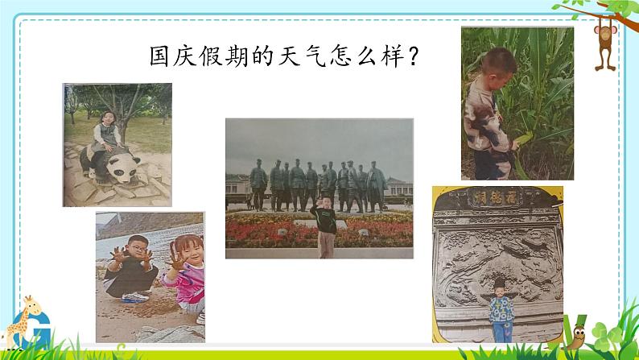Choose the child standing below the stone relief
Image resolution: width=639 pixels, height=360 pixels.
(501, 311)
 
